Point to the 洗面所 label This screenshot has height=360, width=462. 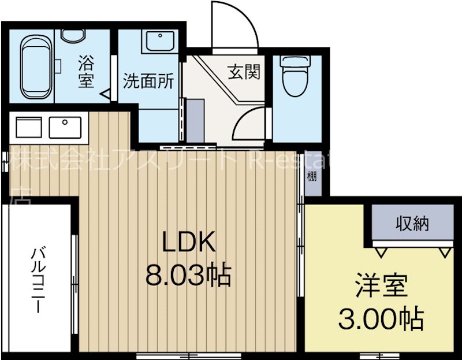click(x=148, y=81)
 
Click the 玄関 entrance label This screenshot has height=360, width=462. click(x=243, y=72)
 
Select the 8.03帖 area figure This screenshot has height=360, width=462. click(x=188, y=276)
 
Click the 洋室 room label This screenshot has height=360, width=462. click(x=381, y=286)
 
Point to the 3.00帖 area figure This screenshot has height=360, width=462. click(x=381, y=317)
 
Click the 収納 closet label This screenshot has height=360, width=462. click(x=412, y=224)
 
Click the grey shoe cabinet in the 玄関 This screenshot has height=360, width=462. click(x=195, y=121)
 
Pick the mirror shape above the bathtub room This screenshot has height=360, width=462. click(x=73, y=36)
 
